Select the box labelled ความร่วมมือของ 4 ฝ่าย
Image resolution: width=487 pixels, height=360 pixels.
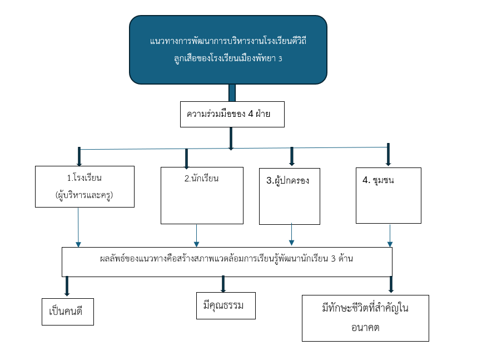click(232, 115)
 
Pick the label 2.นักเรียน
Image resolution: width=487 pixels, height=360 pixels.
click(201, 179)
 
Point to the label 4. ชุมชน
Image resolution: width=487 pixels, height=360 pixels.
click(378, 180)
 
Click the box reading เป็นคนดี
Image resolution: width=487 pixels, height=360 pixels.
click(68, 310)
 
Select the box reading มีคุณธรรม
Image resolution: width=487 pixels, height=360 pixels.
click(226, 305)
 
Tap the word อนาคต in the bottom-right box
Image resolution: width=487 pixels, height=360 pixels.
click(365, 328)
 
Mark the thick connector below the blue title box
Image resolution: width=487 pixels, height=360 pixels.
click(232, 92)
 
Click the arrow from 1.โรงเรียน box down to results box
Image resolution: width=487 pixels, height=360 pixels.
click(78, 227)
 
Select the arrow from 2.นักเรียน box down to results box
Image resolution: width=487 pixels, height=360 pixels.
click(196, 235)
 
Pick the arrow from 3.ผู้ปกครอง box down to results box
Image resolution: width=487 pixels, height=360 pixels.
click(291, 234)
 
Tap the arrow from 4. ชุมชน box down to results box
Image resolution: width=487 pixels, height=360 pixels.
click(390, 235)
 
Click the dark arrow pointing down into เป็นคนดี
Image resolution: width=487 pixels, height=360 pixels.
click(67, 286)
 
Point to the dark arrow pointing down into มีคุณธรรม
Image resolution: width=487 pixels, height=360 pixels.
click(223, 284)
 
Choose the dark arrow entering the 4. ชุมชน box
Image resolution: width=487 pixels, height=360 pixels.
click(388, 155)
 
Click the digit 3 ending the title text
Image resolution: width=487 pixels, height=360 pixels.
click(281, 58)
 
